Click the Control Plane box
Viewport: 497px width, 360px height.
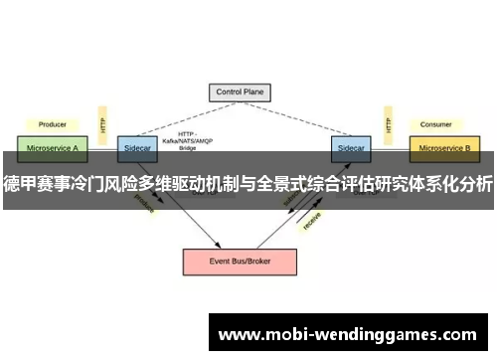[240, 92]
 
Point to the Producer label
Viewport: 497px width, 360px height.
[52, 124]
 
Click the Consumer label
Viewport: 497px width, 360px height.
[436, 124]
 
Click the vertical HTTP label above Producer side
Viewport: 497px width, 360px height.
[101, 125]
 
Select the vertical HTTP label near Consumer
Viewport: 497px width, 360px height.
[386, 125]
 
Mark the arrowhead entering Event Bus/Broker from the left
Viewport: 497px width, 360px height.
[217, 243]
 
